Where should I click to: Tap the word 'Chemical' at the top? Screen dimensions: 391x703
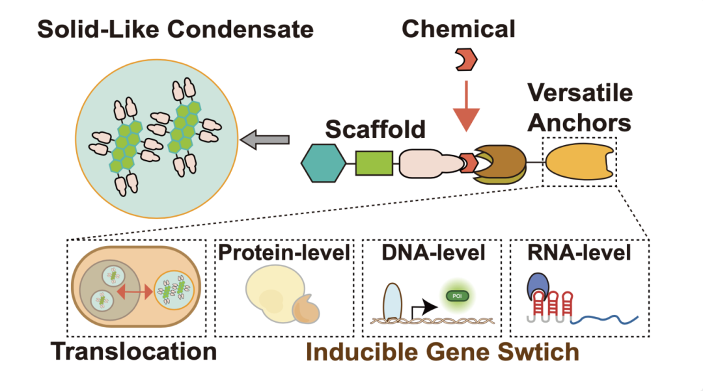pos(458,29)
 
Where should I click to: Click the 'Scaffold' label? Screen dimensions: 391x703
pos(375,129)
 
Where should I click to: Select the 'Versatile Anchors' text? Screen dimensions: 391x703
pos(579,107)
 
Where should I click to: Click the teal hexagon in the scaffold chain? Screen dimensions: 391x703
pos(324,163)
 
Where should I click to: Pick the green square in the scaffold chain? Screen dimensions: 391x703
pos(374,163)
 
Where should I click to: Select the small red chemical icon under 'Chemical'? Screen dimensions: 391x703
pos(465,60)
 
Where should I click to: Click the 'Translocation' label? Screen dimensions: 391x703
pos(134,352)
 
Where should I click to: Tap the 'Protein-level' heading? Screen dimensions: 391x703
pos(284,252)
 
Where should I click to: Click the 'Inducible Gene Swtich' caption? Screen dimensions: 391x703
pos(443,352)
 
